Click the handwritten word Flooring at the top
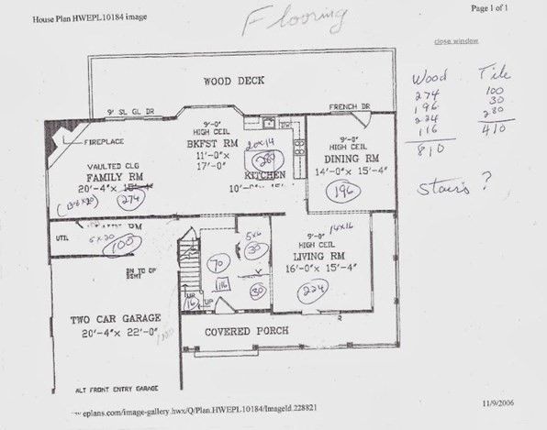pos(296,18)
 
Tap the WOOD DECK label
pos(234,81)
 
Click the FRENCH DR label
pos(349,107)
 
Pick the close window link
pos(455,42)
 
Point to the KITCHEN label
pos(264,175)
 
